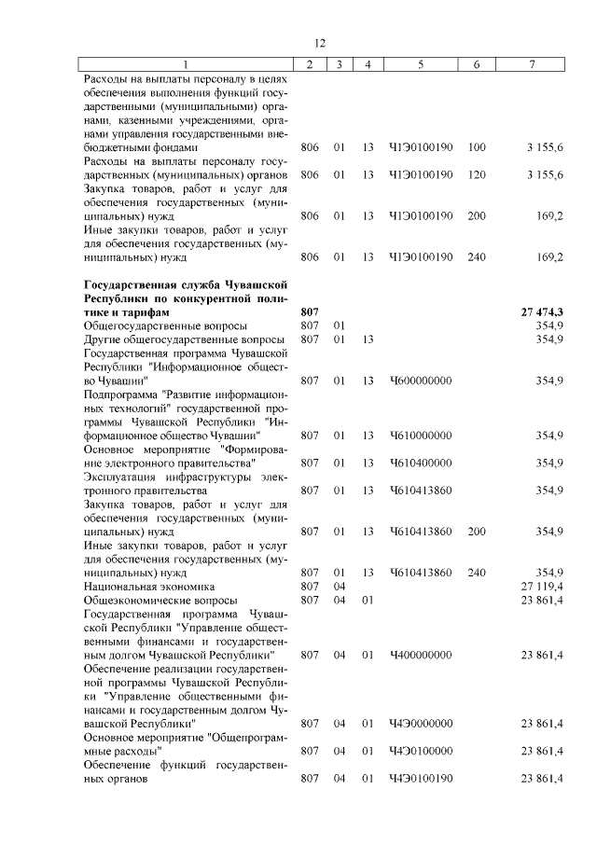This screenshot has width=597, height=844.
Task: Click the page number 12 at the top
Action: click(x=318, y=44)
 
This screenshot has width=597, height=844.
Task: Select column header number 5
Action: click(x=421, y=64)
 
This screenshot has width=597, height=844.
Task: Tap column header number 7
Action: click(x=531, y=64)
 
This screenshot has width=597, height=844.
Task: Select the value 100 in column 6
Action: click(x=477, y=147)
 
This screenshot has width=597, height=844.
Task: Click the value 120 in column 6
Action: click(x=477, y=174)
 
